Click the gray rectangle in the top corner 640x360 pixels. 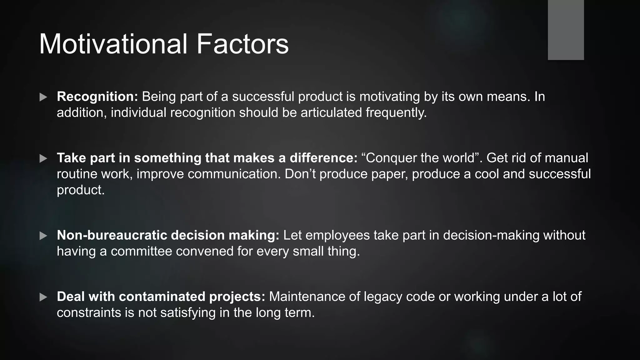(x=566, y=30)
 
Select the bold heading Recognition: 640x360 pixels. (x=97, y=97)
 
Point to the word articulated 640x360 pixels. (x=331, y=112)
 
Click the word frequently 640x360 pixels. (x=396, y=112)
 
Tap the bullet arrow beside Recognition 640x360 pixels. (x=43, y=97)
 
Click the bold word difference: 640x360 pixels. (x=323, y=158)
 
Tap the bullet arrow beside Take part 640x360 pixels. (x=43, y=158)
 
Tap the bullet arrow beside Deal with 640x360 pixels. (x=43, y=297)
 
